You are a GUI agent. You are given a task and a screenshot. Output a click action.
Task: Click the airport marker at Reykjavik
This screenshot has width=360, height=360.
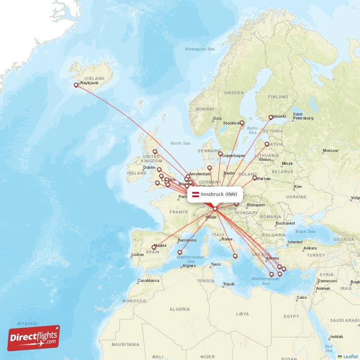76,85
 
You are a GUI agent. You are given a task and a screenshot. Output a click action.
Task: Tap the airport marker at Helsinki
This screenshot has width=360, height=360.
271,117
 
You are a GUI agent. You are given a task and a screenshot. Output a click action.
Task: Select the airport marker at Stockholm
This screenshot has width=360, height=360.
242,123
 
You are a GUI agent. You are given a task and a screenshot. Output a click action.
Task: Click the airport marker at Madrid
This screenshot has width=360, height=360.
154,247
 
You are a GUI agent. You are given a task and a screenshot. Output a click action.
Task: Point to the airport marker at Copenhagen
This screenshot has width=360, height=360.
220,154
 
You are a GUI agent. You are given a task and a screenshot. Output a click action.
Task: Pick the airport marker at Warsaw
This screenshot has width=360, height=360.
254,178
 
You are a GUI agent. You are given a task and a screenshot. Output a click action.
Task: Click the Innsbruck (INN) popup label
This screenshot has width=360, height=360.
218,194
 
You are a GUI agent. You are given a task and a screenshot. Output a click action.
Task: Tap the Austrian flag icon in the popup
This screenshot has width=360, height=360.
195,194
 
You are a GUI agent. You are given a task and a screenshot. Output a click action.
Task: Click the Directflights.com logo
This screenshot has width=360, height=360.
33,338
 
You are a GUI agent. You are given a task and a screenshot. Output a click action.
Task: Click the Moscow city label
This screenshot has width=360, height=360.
330,150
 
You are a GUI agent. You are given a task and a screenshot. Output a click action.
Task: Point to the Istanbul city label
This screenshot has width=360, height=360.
295,242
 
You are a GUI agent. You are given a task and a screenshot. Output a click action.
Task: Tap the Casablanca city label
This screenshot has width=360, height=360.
148,280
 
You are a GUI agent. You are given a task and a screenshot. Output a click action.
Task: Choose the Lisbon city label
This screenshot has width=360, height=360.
137,255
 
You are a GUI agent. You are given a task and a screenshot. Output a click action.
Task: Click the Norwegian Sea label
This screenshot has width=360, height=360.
201,49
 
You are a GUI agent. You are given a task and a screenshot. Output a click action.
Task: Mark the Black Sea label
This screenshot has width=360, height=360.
305,231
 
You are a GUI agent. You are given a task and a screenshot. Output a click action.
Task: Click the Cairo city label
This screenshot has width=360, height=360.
301,297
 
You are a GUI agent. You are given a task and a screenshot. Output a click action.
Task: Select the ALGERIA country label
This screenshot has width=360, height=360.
180,309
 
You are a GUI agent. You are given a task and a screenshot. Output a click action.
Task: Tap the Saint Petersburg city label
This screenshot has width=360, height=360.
303,116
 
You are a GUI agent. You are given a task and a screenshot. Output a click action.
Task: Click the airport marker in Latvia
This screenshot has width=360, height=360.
267,144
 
